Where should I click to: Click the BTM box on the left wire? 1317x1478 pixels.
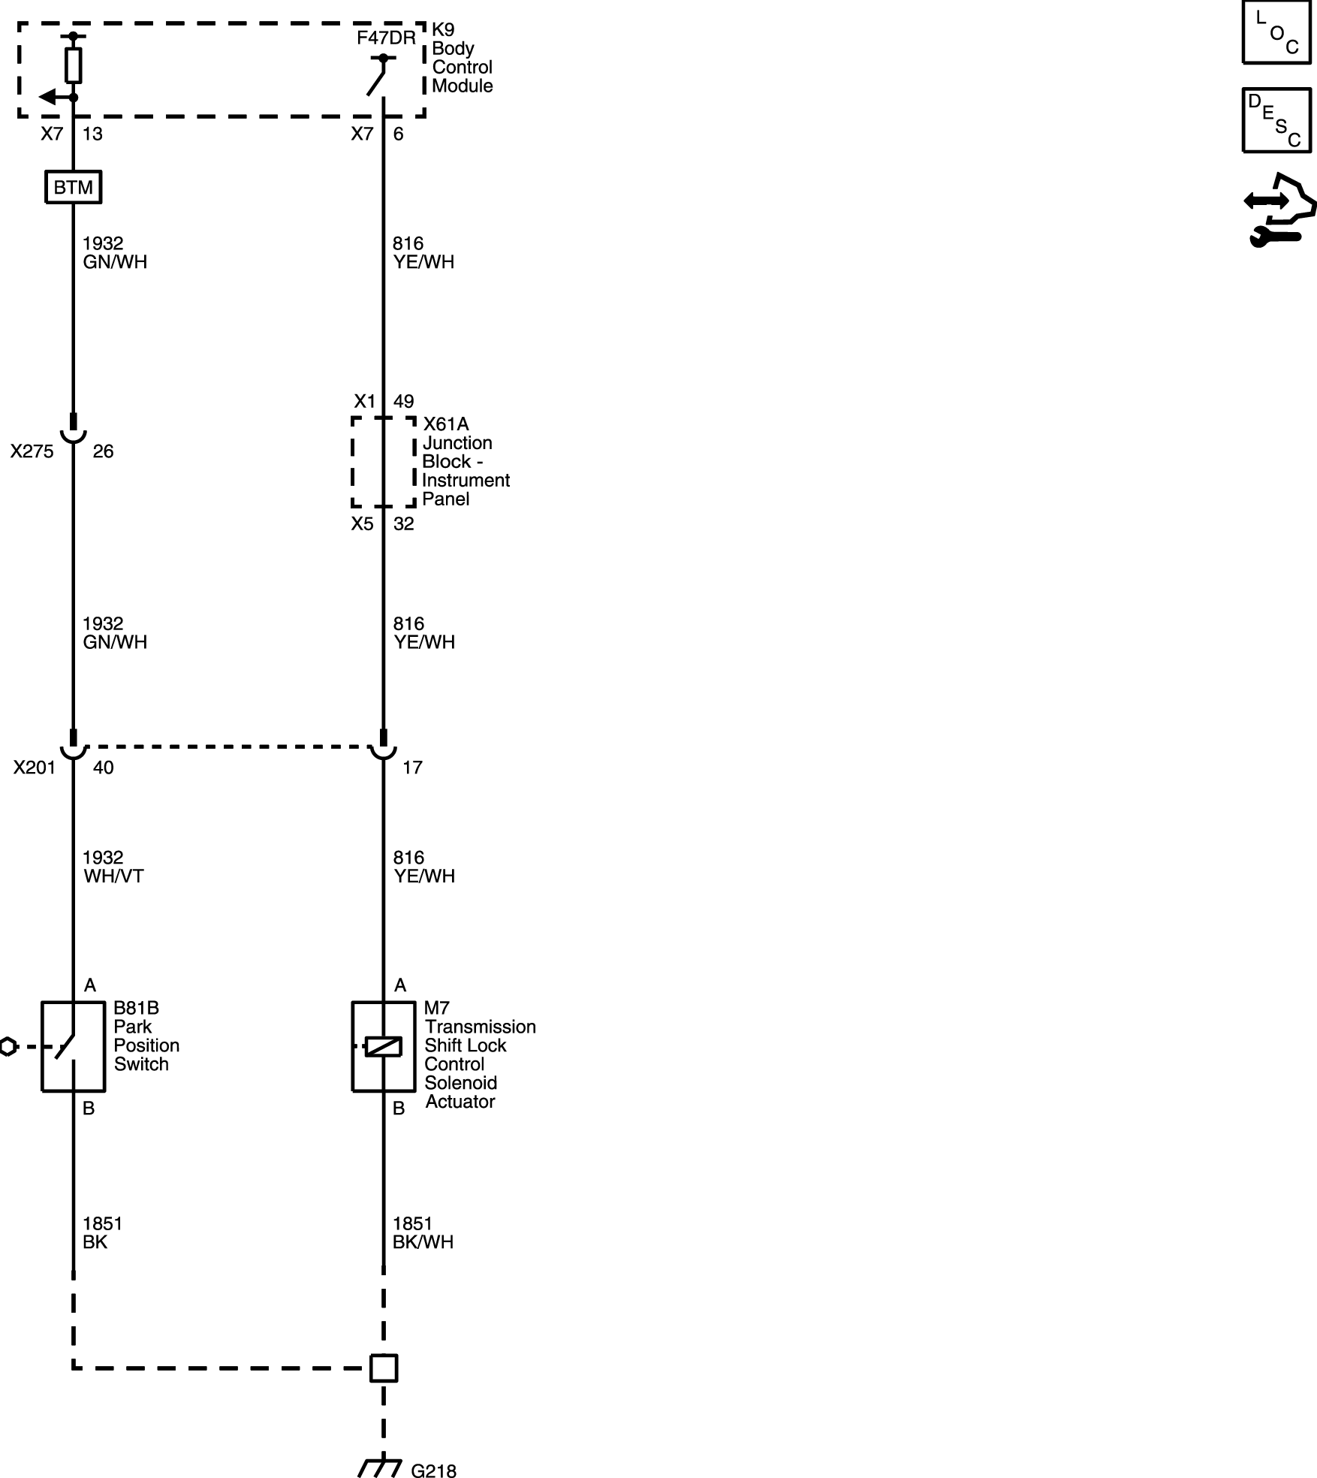point(73,187)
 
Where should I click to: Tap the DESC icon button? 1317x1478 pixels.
point(1276,120)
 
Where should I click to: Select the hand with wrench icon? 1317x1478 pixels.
point(1279,211)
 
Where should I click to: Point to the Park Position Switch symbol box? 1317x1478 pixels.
point(73,1046)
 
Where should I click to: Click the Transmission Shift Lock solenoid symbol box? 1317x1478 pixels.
point(384,1046)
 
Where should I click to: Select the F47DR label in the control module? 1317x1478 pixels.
point(386,38)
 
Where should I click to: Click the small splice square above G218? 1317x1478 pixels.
point(384,1368)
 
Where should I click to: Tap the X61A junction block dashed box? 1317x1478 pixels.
point(384,462)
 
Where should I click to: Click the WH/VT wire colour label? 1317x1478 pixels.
point(113,876)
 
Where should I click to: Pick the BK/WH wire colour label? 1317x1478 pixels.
point(423,1242)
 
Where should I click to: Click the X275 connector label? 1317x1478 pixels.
point(32,451)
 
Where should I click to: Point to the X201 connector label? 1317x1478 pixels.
point(34,768)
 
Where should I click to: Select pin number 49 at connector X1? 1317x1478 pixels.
point(403,402)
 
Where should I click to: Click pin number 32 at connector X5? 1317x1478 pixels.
point(403,524)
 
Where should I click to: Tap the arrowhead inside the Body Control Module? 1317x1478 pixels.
point(47,97)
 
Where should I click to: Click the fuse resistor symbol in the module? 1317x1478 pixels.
point(73,65)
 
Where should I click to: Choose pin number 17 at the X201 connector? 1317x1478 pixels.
point(412,768)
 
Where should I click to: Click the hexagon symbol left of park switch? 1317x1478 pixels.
point(7,1046)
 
